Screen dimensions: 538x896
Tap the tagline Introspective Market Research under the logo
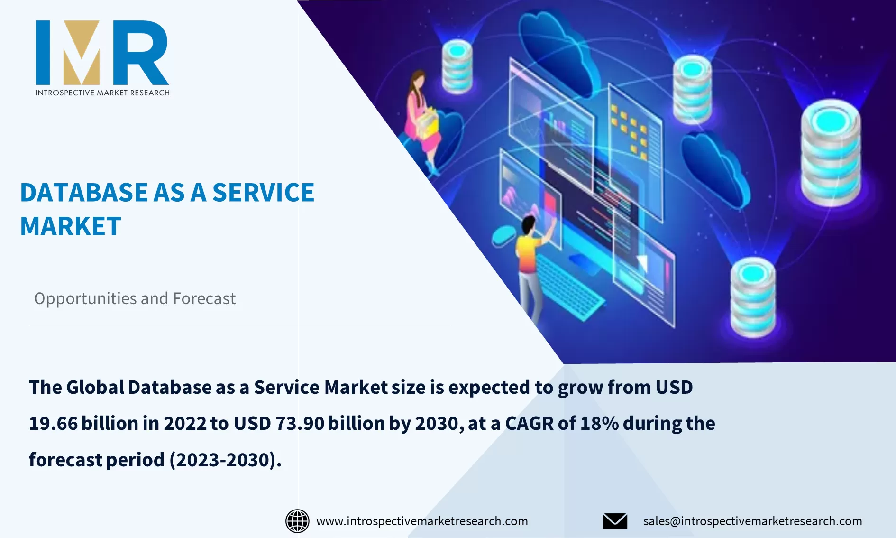102,93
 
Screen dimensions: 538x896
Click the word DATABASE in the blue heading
84,193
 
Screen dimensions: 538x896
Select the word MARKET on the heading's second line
71,226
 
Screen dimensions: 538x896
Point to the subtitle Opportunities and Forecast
135,298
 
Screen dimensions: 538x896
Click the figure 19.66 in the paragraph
53,424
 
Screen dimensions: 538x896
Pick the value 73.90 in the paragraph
300,424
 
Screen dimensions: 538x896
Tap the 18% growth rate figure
599,424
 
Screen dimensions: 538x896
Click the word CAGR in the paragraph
529,424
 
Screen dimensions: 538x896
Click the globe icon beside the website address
297,521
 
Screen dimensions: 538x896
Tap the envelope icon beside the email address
615,521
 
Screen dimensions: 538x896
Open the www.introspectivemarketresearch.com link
421,521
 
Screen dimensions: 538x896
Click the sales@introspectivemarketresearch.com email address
752,521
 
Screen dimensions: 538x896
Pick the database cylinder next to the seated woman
457,66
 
